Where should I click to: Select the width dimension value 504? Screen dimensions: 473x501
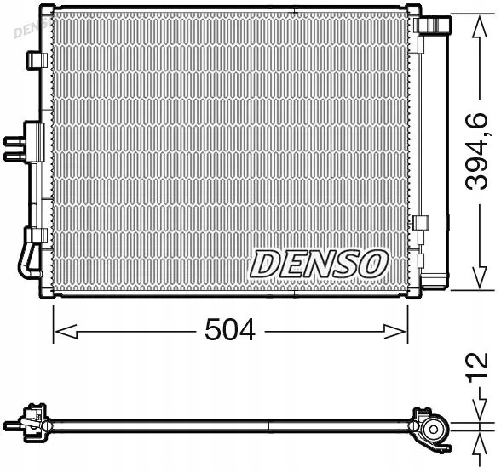pyautogui.click(x=231, y=330)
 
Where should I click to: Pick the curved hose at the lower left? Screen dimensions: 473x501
pyautogui.click(x=26, y=259)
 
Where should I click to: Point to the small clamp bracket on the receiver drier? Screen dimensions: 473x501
pyautogui.click(x=419, y=225)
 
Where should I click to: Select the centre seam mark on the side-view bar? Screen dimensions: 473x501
pyautogui.click(x=270, y=423)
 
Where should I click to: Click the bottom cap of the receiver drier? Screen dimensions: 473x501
pyautogui.click(x=435, y=282)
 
